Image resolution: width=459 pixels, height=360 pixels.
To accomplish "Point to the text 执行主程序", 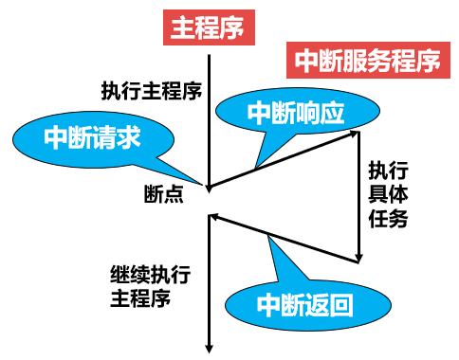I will (152, 92).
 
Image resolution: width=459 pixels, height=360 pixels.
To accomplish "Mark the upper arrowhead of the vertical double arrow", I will (359, 136).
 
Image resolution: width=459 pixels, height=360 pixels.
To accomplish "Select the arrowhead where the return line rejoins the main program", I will (212, 218).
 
